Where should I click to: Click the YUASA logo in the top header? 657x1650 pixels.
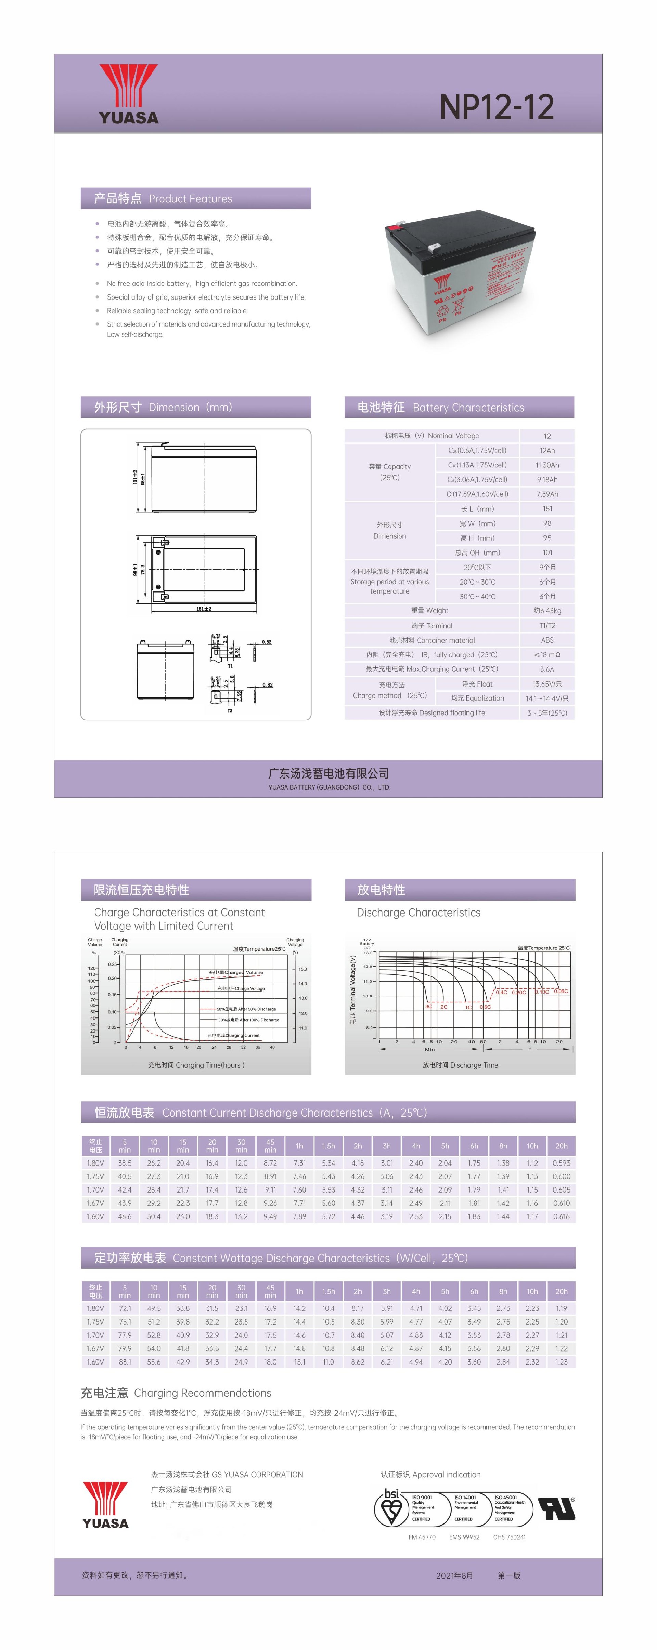[x=128, y=94]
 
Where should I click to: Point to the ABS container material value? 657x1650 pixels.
[x=547, y=640]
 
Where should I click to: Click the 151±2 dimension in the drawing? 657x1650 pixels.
[x=204, y=609]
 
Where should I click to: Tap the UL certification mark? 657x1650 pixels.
[x=556, y=1508]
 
